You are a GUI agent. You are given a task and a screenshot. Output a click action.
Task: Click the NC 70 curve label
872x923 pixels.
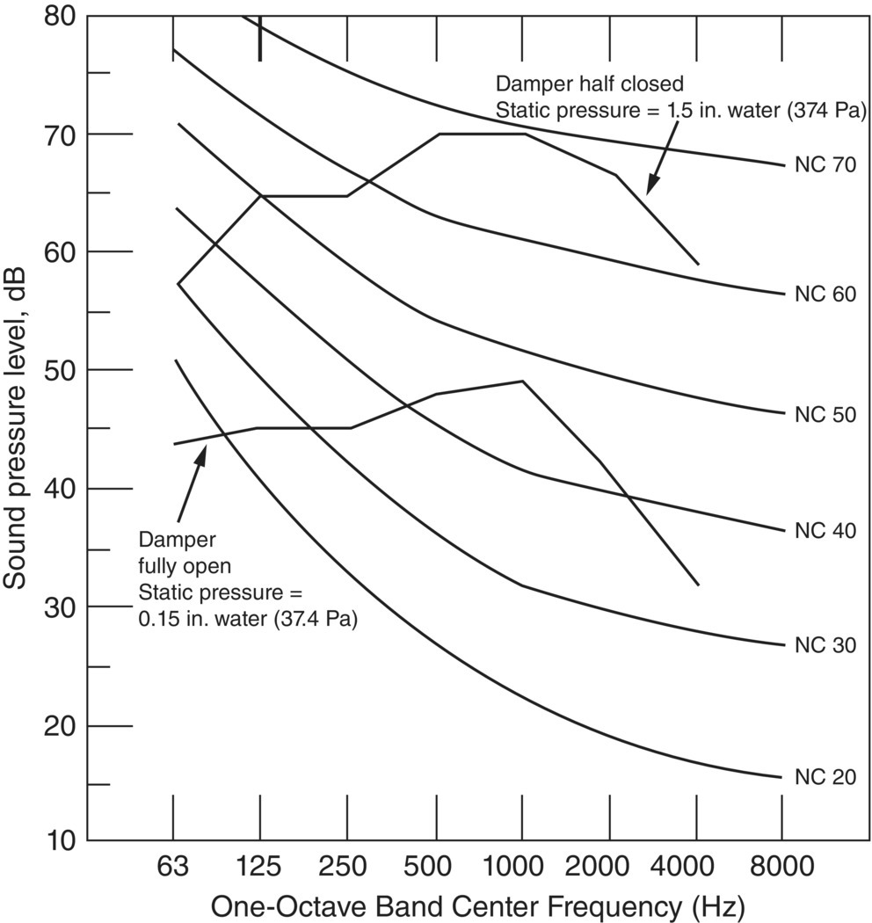click(x=825, y=165)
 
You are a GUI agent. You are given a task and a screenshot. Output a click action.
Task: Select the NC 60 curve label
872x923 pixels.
click(x=825, y=294)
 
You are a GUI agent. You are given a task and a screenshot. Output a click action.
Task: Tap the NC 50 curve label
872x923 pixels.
click(x=825, y=414)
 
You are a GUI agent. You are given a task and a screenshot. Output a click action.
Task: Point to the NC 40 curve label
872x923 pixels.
click(x=825, y=530)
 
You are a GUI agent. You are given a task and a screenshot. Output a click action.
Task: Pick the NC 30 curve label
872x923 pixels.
click(x=825, y=645)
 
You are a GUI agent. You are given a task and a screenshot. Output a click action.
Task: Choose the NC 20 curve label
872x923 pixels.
click(x=825, y=777)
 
